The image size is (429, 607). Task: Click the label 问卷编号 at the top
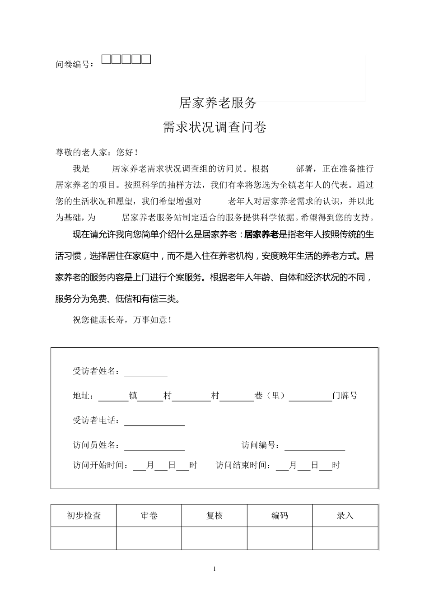click(x=73, y=65)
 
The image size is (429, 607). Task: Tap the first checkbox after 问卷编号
click(x=106, y=59)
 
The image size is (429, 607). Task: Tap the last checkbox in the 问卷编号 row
click(x=146, y=59)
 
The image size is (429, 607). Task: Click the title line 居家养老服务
click(x=218, y=103)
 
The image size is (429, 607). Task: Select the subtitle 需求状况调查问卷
click(x=214, y=127)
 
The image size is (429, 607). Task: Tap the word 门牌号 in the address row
click(x=345, y=396)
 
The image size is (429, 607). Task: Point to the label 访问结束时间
click(x=243, y=465)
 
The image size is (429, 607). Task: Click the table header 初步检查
click(x=84, y=515)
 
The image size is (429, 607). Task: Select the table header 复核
click(x=214, y=515)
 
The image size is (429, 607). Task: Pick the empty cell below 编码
click(x=280, y=538)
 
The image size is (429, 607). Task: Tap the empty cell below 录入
click(x=345, y=538)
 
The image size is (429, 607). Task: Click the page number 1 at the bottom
click(x=214, y=569)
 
